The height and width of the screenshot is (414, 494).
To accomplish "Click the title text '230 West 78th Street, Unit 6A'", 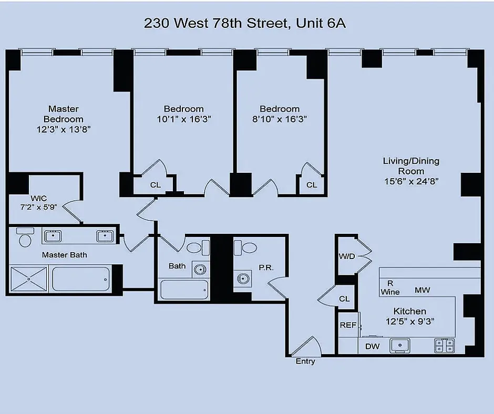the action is (x=245, y=23).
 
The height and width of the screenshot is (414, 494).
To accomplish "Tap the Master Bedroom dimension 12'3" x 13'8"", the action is (x=64, y=129).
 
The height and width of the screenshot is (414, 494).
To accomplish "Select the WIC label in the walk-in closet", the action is (x=39, y=198).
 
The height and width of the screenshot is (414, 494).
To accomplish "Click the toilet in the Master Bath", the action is (x=25, y=237).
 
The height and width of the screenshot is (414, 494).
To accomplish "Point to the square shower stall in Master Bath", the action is (x=29, y=279).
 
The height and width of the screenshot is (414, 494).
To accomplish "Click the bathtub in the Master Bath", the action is (x=81, y=279).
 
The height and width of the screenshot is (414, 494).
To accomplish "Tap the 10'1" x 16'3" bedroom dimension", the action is (x=184, y=119).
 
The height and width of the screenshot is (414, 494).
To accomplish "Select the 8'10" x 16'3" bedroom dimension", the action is (x=280, y=119).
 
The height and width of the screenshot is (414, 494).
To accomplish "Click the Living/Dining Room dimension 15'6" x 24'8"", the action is (x=411, y=181).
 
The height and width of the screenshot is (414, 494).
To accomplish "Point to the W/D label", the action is (x=347, y=256).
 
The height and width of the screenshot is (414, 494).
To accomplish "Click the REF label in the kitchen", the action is (x=348, y=325).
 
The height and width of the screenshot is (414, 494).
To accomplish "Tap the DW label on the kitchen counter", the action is (x=372, y=347).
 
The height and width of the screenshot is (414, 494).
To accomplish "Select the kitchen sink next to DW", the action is (x=400, y=345).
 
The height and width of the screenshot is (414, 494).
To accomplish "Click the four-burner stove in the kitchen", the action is (x=444, y=346).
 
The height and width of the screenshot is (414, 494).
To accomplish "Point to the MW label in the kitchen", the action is (x=422, y=290).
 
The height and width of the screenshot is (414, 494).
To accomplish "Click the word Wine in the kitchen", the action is (x=390, y=292).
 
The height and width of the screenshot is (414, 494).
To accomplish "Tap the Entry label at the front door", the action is (x=305, y=361).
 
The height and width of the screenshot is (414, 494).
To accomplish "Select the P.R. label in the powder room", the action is (x=266, y=267).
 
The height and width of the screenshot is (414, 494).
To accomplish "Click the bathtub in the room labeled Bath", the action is (x=184, y=289).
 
